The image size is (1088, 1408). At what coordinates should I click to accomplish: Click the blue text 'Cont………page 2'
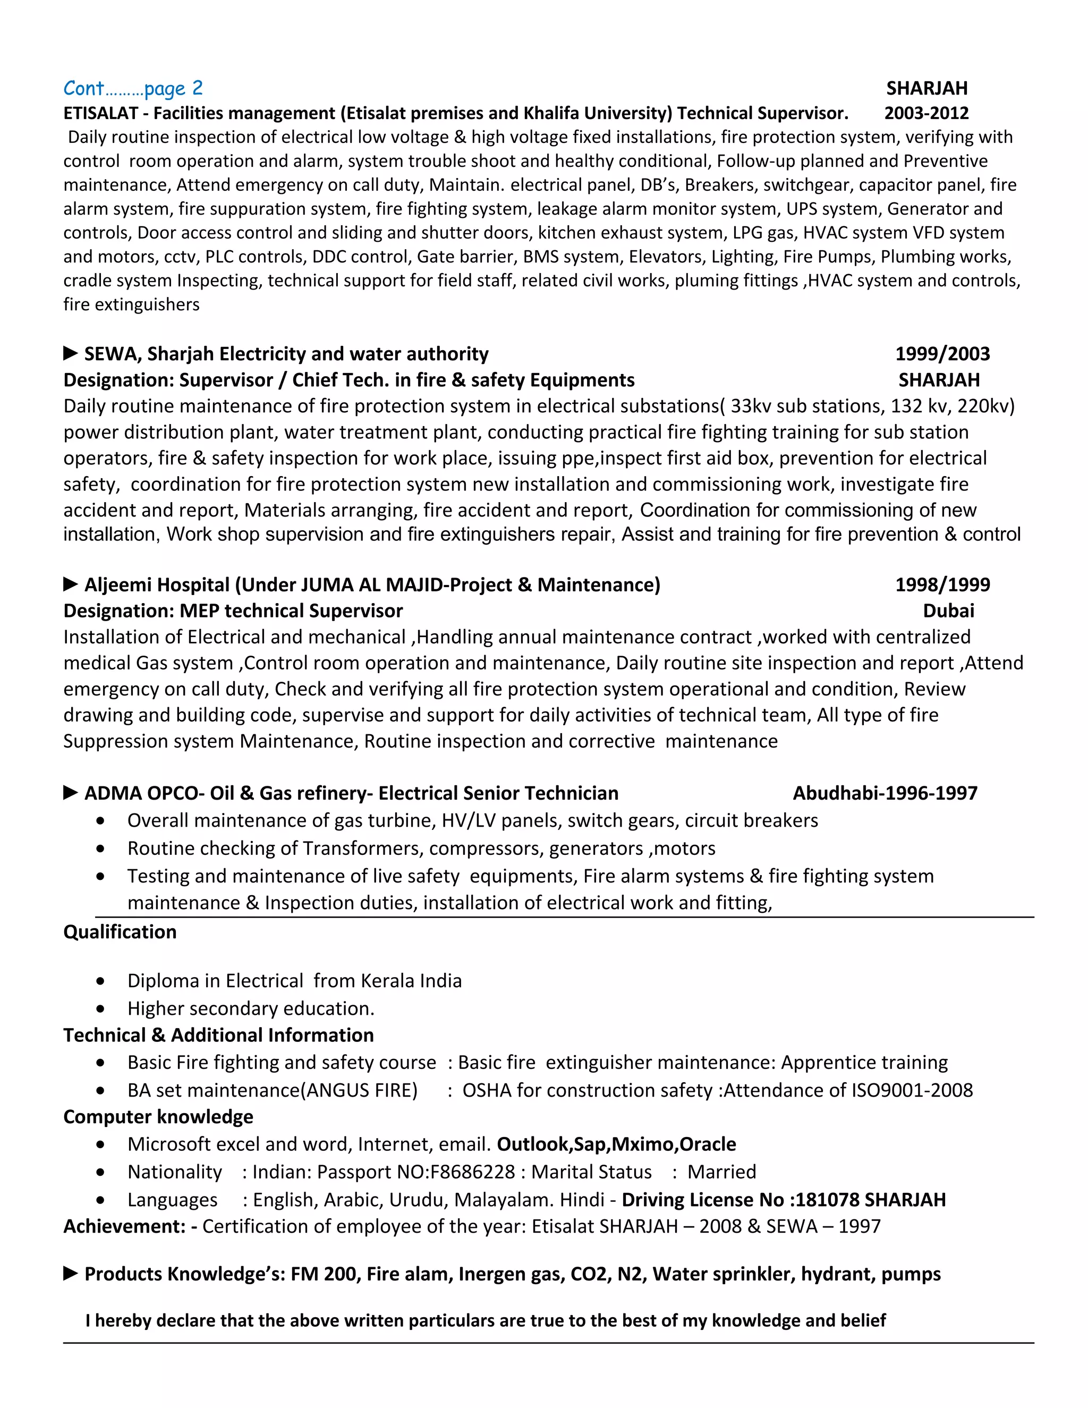click(133, 88)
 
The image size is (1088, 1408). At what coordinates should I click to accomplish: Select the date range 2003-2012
click(925, 114)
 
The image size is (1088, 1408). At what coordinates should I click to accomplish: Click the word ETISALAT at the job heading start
click(100, 114)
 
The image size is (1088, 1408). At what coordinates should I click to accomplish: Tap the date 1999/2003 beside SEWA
click(942, 353)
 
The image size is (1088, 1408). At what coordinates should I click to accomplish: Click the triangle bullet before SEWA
click(70, 353)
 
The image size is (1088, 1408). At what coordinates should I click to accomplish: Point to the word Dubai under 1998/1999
click(948, 610)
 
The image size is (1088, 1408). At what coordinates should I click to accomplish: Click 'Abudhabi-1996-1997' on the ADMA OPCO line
click(885, 793)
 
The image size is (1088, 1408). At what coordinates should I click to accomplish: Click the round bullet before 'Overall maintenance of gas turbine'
click(100, 821)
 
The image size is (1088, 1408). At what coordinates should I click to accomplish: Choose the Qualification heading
click(120, 931)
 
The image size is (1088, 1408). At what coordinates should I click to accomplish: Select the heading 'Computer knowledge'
click(158, 1117)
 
